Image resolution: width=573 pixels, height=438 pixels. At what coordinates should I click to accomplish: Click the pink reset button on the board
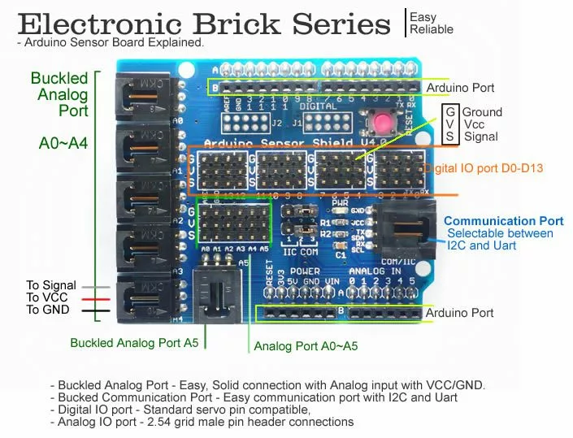tap(380, 124)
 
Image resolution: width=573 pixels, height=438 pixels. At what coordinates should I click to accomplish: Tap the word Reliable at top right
tap(432, 30)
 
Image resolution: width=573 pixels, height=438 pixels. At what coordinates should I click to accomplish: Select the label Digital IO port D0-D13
tap(484, 168)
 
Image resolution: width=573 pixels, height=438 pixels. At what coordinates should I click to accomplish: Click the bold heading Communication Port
tap(503, 220)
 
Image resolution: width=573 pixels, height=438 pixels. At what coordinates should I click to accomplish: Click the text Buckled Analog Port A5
tap(134, 343)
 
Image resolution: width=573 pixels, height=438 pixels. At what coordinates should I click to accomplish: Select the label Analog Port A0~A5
tap(306, 346)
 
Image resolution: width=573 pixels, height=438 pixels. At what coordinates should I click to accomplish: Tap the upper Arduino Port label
tap(460, 88)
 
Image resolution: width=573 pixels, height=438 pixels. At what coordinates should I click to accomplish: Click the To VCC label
tap(46, 297)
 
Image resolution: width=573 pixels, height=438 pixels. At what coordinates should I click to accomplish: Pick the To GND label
tap(47, 310)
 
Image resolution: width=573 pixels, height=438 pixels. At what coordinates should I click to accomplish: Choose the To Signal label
tap(50, 285)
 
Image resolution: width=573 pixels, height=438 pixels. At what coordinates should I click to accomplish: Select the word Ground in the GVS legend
tap(483, 112)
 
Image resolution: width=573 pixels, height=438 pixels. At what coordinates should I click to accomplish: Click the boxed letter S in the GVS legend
tap(449, 137)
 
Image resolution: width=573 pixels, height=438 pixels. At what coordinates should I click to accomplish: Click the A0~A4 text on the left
tap(63, 144)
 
